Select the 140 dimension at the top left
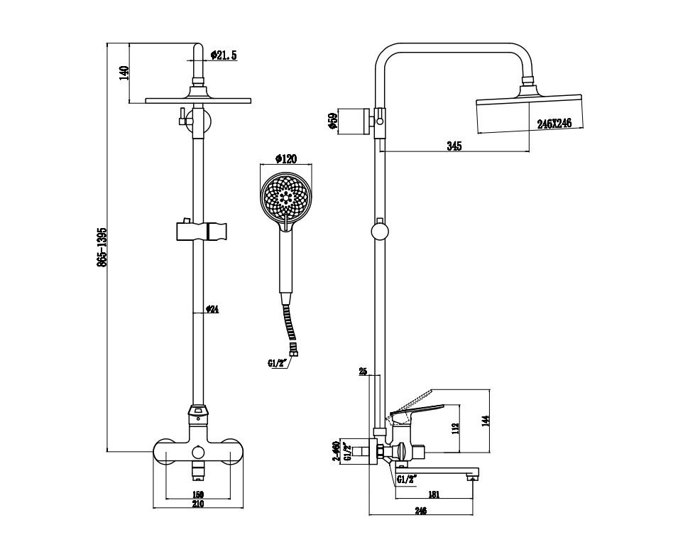pos(124,73)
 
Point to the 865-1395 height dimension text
pos(102,247)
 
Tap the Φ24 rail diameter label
pos(212,309)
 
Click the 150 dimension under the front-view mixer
pos(198,494)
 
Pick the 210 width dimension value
pos(198,504)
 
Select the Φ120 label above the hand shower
pos(285,159)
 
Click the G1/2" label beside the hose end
pos(278,363)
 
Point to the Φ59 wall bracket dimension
pos(332,121)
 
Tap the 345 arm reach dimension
pos(454,146)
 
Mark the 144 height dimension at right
pos(485,421)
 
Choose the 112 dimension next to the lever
pos(456,428)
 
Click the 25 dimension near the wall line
pos(363,371)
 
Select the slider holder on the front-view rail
pos(199,231)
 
